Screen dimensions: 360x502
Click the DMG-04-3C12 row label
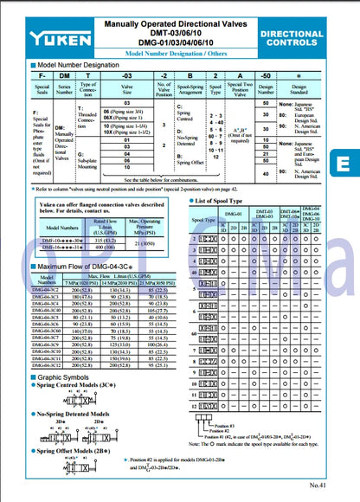click(50, 365)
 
